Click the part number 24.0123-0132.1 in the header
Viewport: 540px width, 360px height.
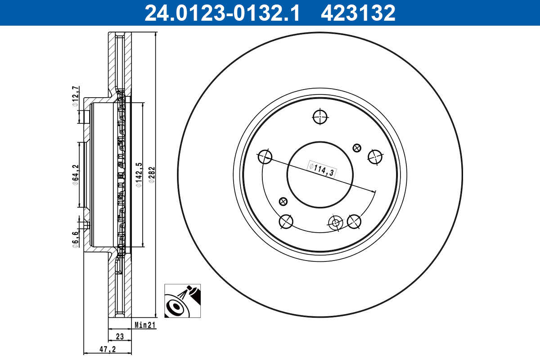coord(221,13)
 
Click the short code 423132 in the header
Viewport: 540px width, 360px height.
coord(358,13)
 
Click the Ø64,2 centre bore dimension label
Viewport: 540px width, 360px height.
coord(75,175)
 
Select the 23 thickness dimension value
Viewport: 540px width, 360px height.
coord(120,336)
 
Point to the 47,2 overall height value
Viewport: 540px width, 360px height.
coord(107,349)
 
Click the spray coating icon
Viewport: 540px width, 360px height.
coord(182,301)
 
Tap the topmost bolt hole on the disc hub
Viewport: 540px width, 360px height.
coord(320,116)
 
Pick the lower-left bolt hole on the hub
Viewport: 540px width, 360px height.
coord(286,221)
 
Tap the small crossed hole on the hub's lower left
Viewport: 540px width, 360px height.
coord(283,201)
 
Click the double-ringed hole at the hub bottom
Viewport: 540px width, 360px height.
coord(334,222)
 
